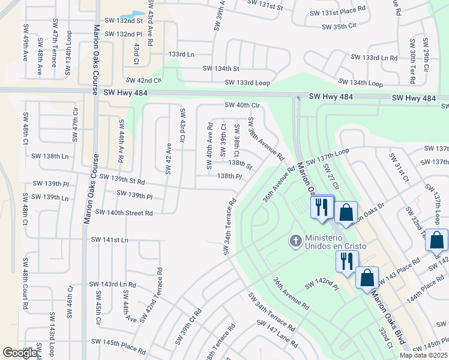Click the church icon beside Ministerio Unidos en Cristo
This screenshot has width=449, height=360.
(295, 241)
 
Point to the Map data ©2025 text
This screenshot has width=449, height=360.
(423, 355)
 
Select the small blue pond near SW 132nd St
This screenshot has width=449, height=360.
(132, 14)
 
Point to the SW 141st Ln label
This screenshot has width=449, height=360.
(109, 239)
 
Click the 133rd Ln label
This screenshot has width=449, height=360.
(181, 54)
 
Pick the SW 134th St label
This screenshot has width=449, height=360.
(221, 68)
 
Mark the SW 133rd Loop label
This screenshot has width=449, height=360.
(247, 82)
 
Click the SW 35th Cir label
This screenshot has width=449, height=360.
(339, 27)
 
